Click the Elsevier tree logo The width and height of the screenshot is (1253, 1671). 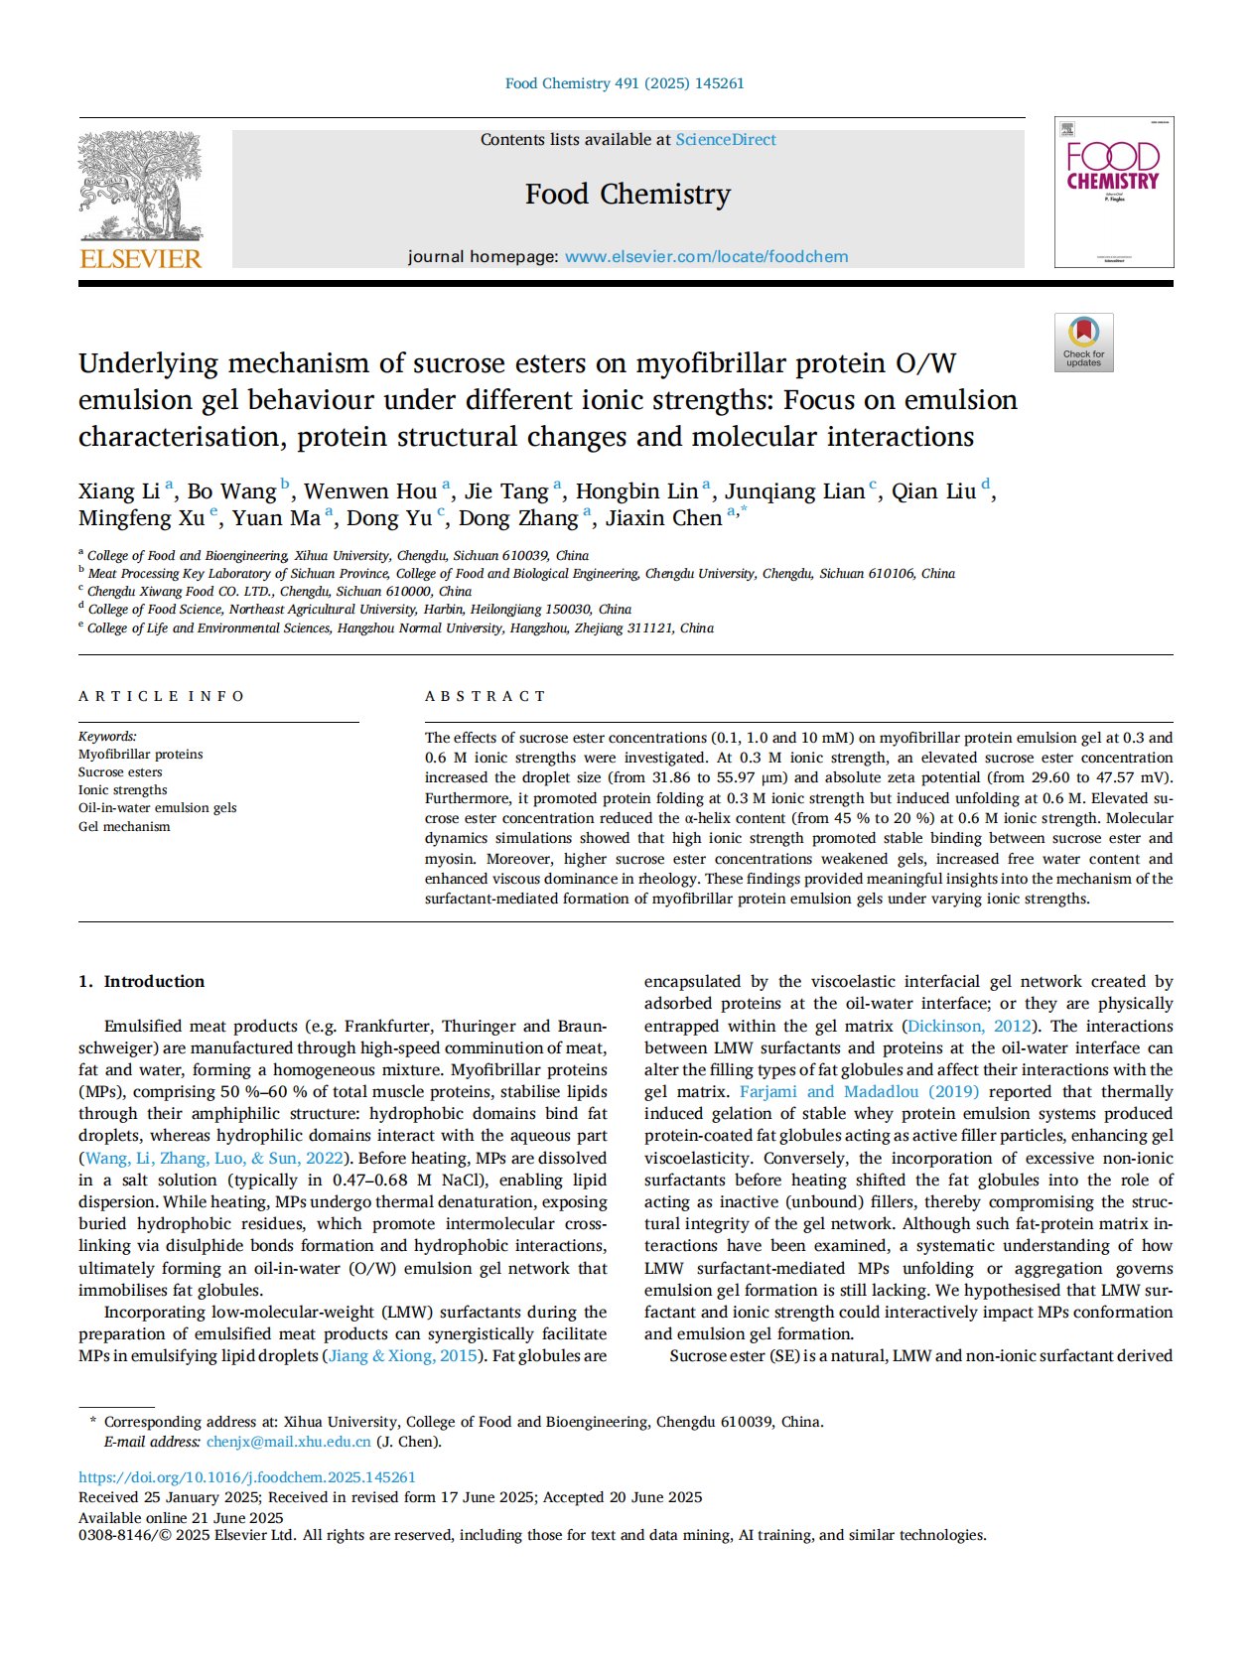pos(140,187)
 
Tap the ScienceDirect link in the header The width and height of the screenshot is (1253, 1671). pos(726,140)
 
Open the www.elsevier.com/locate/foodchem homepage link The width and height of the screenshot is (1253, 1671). pos(706,257)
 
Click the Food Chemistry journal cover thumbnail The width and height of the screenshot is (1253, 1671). pos(1113,193)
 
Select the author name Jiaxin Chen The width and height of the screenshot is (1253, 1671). pos(663,518)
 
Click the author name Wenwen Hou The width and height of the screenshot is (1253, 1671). pos(369,491)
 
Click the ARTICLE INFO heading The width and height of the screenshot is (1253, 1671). pos(161,696)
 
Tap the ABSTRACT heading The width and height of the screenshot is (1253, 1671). pos(486,696)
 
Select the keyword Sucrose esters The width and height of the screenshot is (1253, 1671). pos(120,772)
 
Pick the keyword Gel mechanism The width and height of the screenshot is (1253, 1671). pos(124,827)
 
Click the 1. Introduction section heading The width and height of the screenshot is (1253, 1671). pos(142,982)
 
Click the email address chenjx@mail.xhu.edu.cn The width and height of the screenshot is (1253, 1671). pos(288,1442)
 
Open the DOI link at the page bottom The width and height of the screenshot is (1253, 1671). pos(247,1477)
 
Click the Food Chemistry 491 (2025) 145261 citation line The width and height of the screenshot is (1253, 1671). pos(625,83)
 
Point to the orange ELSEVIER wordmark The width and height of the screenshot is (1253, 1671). pos(140,259)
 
